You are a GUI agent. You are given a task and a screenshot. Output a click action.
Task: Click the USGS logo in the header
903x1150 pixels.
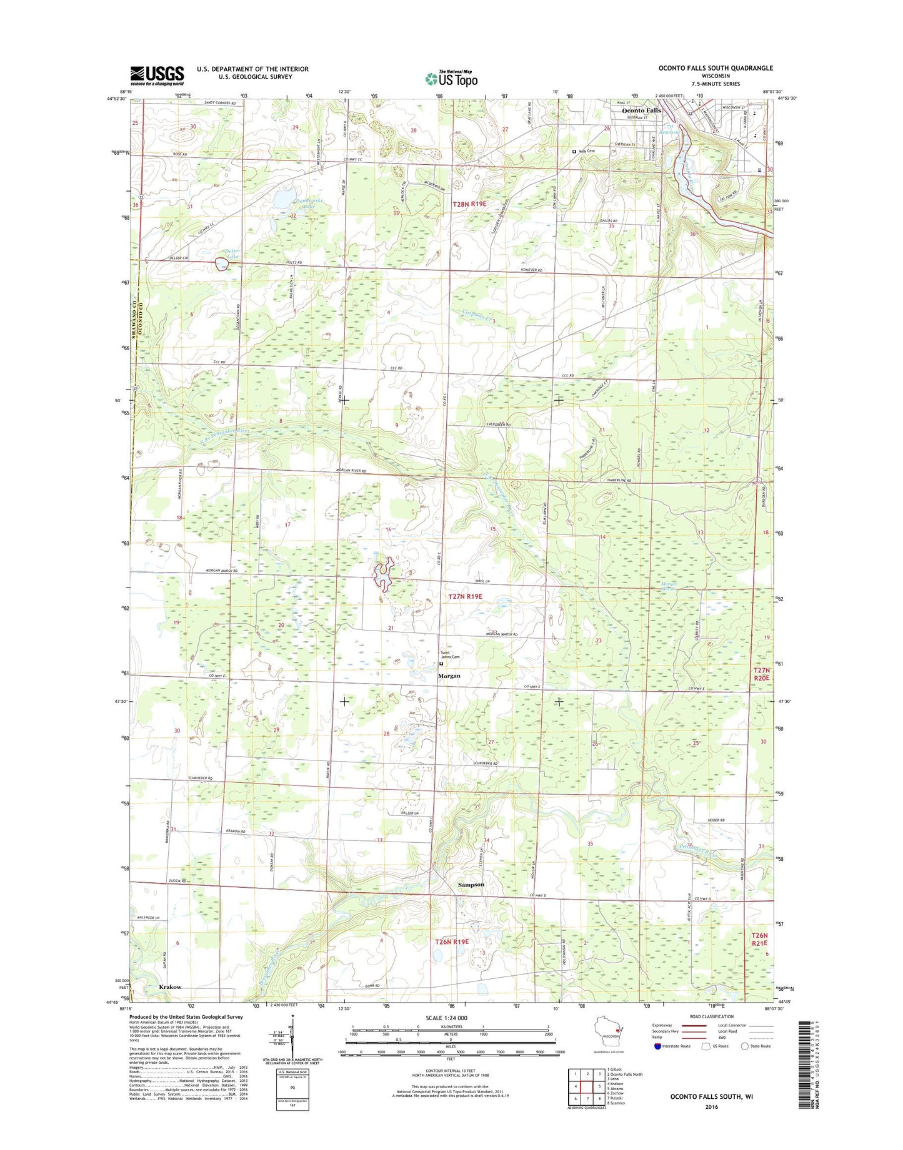[x=157, y=76]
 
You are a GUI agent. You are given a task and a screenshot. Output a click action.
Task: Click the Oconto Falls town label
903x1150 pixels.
[x=641, y=111]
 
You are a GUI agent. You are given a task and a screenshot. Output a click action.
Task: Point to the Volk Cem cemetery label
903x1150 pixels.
[x=586, y=151]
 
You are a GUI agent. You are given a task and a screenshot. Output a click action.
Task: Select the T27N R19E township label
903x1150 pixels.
[x=466, y=597]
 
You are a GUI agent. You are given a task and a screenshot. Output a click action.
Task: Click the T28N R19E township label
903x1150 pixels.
[x=469, y=204]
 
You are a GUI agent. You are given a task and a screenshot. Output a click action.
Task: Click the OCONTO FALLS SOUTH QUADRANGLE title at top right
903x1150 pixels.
[x=715, y=68]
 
